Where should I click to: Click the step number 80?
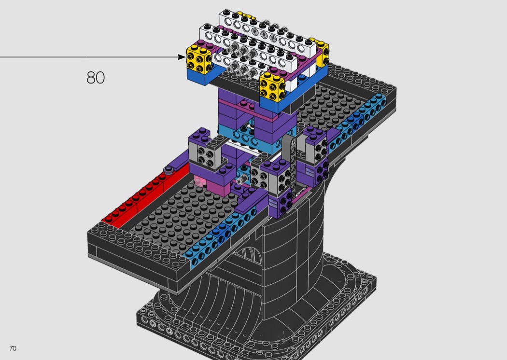[96, 78]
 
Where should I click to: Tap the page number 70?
[13, 348]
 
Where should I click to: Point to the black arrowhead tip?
[185, 57]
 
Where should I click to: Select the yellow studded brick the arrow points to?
[198, 58]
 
